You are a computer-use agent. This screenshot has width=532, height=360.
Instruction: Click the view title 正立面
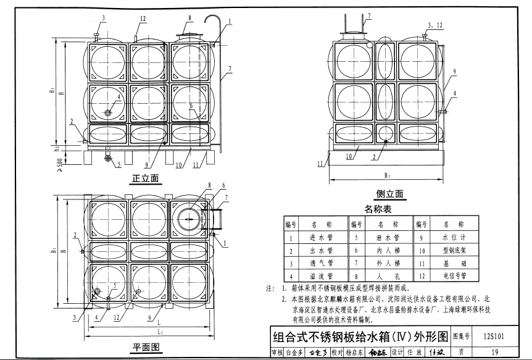point(146,179)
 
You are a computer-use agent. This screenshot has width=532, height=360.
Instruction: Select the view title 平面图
point(146,346)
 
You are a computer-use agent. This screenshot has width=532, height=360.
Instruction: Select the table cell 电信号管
point(453,276)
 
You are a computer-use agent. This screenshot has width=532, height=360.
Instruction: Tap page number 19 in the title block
point(495,353)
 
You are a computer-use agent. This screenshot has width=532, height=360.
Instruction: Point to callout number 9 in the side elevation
point(454,72)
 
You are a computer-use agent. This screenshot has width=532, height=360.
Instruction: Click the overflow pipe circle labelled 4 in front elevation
point(109,112)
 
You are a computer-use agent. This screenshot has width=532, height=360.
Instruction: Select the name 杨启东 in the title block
point(355,353)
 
